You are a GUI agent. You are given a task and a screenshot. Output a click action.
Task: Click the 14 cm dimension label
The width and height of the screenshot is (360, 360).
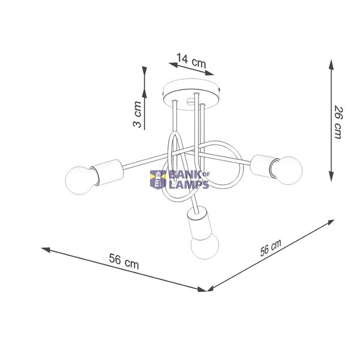(x=191, y=61)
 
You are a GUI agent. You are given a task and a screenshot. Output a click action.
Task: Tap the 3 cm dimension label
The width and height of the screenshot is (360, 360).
(x=137, y=114)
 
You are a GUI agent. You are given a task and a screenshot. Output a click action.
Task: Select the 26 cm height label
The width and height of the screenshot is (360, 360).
(x=338, y=122)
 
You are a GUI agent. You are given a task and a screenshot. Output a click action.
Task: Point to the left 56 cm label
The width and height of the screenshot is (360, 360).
(x=124, y=261)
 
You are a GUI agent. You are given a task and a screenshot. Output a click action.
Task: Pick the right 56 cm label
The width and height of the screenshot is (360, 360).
(x=271, y=248)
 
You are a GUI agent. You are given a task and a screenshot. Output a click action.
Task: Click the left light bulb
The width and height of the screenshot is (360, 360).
(x=79, y=181)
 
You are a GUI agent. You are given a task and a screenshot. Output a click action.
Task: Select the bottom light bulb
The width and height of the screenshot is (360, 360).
(x=205, y=246)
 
